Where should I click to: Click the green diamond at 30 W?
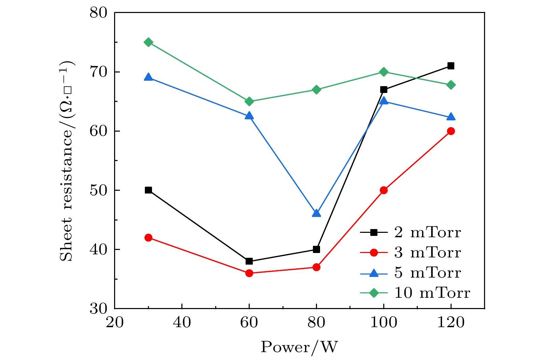[148, 42]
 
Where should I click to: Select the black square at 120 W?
[451, 66]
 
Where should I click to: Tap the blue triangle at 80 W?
[316, 213]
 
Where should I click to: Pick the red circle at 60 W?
[249, 273]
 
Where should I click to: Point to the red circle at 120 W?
[451, 131]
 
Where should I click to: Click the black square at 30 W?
[148, 190]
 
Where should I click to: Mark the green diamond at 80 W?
[316, 90]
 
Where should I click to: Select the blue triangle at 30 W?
[148, 77]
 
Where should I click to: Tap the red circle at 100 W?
[384, 190]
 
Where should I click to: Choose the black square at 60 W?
[249, 261]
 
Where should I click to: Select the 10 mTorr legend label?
[432, 293]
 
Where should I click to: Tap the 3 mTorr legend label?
[427, 253]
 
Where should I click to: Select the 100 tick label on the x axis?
[384, 323]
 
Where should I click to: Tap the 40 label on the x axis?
[182, 323]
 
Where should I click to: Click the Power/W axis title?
[299, 347]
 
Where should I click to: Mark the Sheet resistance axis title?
[67, 161]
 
